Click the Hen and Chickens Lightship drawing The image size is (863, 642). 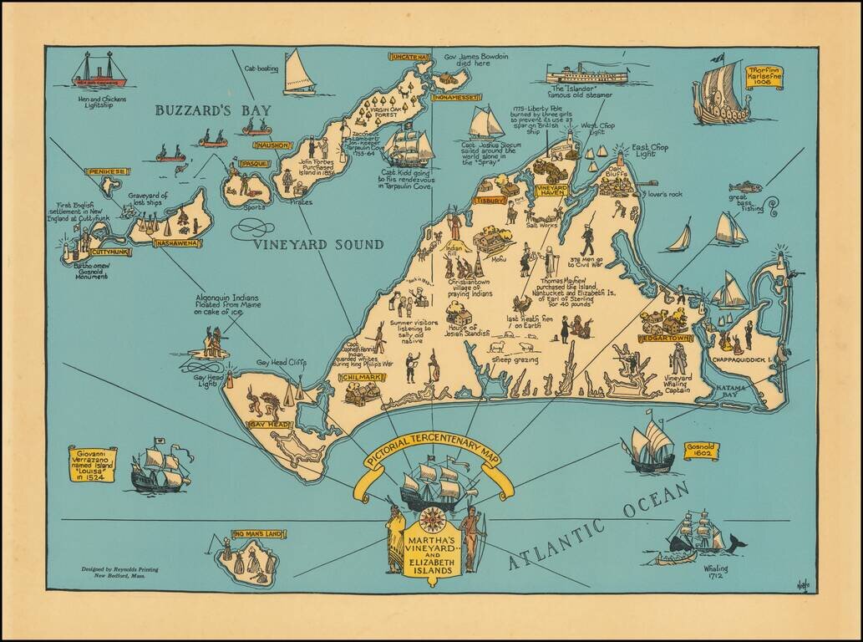tap(99, 72)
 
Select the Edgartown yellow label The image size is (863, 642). tap(665, 339)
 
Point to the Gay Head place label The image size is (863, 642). tap(269, 425)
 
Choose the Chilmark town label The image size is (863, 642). tap(362, 378)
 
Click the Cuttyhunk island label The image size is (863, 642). tap(111, 251)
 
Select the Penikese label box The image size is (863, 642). tap(107, 171)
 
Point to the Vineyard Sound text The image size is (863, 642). tap(318, 245)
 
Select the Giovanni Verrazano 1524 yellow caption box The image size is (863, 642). tap(91, 464)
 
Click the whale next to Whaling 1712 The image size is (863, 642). tap(735, 543)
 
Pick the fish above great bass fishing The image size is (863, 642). tap(744, 186)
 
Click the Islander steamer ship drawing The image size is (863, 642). tap(586, 74)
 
